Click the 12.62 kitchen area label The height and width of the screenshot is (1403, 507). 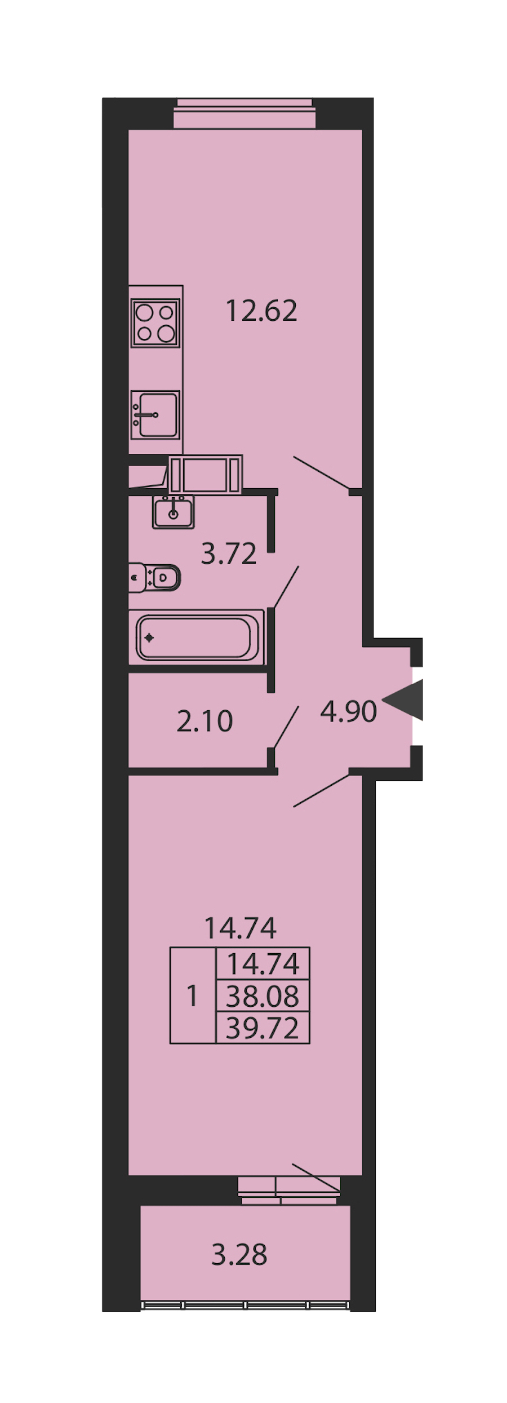(261, 311)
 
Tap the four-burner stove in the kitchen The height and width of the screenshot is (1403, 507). (155, 322)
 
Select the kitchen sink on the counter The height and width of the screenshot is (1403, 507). (155, 415)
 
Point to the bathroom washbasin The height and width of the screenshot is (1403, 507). (174, 512)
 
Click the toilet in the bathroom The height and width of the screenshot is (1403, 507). (154, 578)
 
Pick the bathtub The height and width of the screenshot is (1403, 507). (197, 638)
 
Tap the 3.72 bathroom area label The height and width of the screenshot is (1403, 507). (229, 554)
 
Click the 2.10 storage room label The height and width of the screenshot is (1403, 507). (204, 722)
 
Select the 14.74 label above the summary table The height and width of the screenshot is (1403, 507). (241, 928)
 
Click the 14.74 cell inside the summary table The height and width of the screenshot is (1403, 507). (263, 964)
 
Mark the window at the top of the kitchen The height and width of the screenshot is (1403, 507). (244, 114)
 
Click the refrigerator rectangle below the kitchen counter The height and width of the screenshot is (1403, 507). (206, 475)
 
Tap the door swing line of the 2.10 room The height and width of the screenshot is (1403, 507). (286, 727)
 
